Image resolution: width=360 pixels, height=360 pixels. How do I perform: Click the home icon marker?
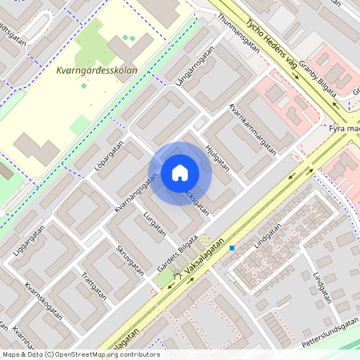pos(180,172)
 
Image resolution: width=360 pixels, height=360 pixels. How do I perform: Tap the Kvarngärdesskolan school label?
pos(97,70)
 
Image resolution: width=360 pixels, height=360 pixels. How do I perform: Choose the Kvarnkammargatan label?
pos(252,127)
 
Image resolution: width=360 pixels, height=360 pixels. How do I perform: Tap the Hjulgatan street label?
pos(217,157)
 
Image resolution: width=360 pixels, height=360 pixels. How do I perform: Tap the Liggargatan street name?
pos(29,242)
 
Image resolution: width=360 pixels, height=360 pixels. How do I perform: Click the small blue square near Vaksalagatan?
pos(232,248)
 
